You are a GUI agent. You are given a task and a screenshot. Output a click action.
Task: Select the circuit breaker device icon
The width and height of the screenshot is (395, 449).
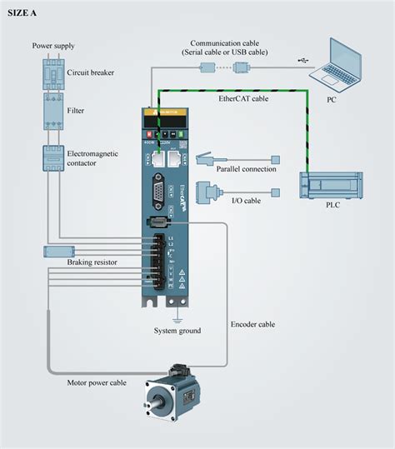[x=51, y=72]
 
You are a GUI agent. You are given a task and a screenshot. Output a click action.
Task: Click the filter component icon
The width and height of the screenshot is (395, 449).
[x=51, y=111]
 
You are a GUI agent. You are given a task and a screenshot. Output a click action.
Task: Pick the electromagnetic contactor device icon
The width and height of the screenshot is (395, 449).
[x=51, y=157]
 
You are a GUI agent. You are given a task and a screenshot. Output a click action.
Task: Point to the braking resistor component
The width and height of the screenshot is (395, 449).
[x=57, y=251]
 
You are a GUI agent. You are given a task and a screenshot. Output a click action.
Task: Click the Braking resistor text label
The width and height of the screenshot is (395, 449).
[x=92, y=262]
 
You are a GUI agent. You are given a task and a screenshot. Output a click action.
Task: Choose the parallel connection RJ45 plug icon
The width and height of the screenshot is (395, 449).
[x=206, y=158]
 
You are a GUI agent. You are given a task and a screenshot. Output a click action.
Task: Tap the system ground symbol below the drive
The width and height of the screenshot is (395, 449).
[x=176, y=317]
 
